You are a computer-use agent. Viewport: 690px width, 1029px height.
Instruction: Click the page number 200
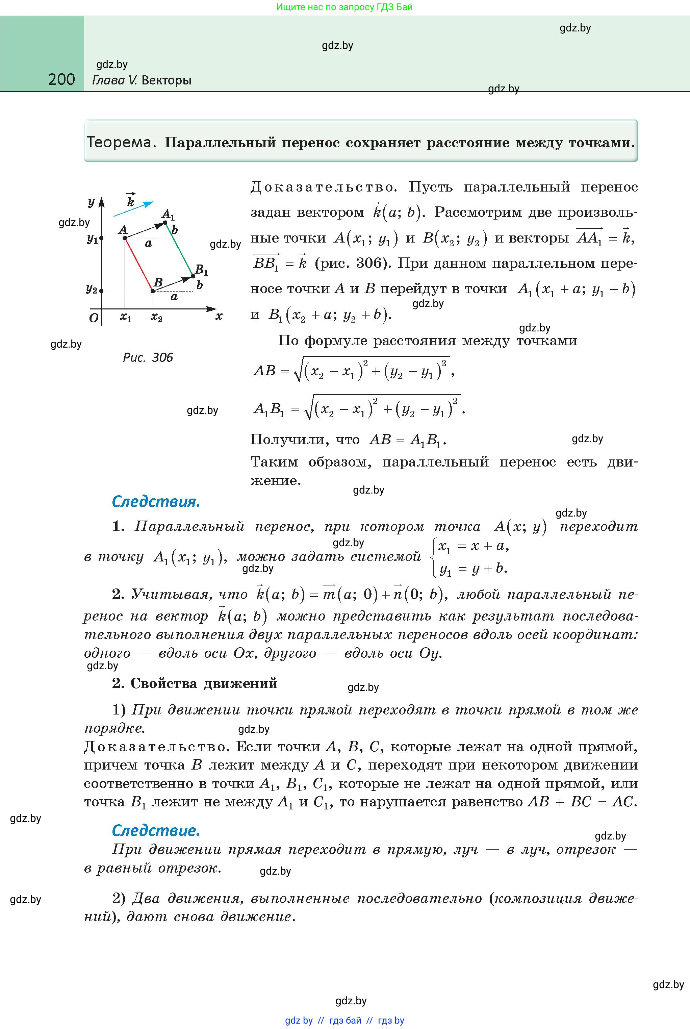tap(61, 80)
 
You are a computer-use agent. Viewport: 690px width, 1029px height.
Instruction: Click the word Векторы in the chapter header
tap(167, 80)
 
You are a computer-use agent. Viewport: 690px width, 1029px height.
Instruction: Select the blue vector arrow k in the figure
tap(133, 209)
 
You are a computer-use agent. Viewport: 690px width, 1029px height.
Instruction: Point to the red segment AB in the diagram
tap(138, 264)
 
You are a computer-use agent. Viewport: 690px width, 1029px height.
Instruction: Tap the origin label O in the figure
tap(93, 318)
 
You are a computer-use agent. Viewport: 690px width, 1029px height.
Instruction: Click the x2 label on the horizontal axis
tap(157, 317)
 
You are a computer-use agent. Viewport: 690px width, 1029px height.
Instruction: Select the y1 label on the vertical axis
tap(92, 239)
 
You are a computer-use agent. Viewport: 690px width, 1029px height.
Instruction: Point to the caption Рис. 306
tap(148, 357)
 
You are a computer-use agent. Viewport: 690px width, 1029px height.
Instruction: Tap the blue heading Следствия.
tap(156, 502)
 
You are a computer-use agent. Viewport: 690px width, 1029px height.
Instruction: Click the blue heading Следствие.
tap(156, 830)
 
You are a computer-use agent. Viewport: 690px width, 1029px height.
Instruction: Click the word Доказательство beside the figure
tap(324, 187)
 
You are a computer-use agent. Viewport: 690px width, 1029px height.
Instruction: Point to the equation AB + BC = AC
tap(582, 802)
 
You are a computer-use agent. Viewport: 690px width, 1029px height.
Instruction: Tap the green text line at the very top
tap(344, 7)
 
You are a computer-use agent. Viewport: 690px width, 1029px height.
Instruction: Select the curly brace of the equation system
tap(434, 557)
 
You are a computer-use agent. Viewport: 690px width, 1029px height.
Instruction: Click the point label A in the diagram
tap(123, 230)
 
